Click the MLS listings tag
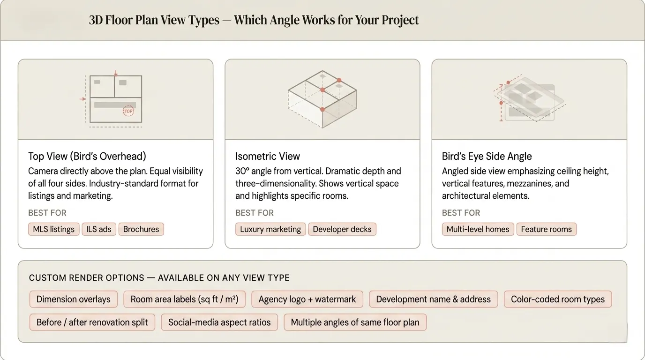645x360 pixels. [53, 229]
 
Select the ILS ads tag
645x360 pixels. [99, 229]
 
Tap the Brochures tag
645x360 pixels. [141, 229]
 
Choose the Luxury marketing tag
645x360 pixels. [270, 229]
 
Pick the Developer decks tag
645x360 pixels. [342, 229]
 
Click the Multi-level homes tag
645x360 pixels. [478, 229]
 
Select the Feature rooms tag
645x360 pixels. [546, 229]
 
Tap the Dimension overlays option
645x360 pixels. [74, 300]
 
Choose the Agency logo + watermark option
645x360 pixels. [307, 300]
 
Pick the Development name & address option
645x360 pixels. [433, 300]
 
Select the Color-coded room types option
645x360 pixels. [558, 300]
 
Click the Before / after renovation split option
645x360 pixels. [92, 322]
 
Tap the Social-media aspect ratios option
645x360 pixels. [219, 322]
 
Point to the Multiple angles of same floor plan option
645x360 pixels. [355, 322]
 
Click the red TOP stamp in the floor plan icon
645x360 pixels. [128, 111]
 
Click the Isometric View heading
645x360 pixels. [268, 157]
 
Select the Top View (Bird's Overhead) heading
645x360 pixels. [87, 157]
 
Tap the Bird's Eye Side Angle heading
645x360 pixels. [487, 157]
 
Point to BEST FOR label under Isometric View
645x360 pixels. [255, 213]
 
